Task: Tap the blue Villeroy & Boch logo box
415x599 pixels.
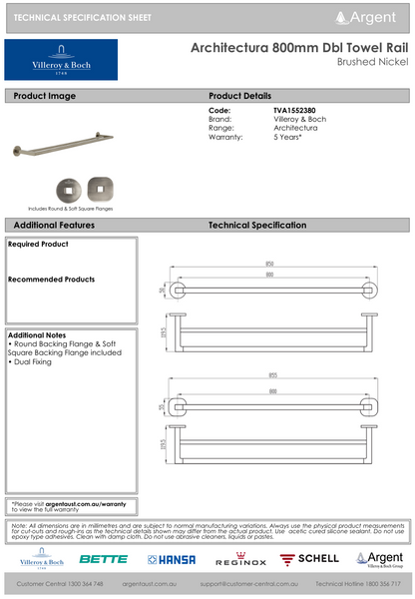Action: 61,61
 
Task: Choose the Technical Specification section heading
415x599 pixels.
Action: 257,227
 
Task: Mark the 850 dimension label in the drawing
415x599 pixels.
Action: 270,264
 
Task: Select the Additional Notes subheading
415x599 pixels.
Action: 37,335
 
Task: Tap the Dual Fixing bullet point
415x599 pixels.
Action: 36,361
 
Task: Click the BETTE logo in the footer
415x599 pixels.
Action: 103,559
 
